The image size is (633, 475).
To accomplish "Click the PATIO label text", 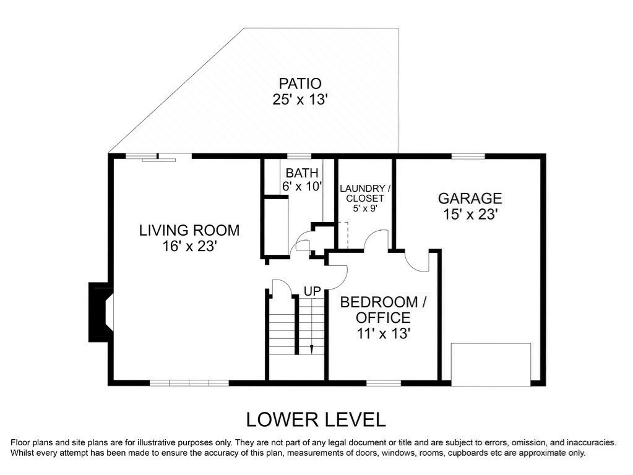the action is point(300,83).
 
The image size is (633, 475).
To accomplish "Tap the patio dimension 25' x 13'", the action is point(299,100).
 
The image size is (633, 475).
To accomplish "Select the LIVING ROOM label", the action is point(189,231).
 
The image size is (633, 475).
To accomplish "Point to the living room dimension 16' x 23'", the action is point(190,246).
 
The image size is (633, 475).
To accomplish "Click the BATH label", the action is point(302,173).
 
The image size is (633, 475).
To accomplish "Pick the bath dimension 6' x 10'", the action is point(301,186).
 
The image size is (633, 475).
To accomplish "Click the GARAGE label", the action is point(470,199).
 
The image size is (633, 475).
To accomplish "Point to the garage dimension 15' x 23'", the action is point(470,214).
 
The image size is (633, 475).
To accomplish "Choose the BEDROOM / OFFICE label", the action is point(383,310).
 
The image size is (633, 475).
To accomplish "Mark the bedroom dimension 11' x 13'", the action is point(384,334).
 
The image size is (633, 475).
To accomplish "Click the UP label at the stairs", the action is point(312,291).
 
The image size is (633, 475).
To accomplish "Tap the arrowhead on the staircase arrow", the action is point(312,350).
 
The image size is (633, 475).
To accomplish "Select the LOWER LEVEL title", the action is point(316,420).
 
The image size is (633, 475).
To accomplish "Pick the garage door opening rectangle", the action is point(491,364).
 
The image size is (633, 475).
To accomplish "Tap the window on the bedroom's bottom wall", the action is point(384,383).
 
